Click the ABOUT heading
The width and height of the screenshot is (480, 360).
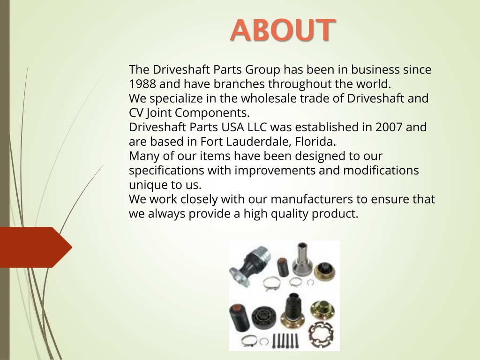(283, 30)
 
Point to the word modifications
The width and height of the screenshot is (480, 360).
(381, 170)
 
